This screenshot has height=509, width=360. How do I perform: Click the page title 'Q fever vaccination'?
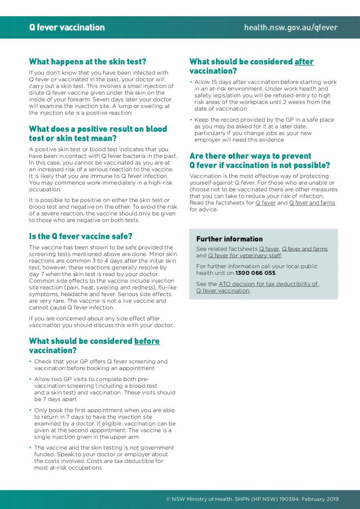(x=67, y=27)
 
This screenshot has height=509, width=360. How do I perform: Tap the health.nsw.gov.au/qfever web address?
(x=290, y=27)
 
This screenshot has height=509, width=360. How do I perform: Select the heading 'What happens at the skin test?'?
(x=88, y=62)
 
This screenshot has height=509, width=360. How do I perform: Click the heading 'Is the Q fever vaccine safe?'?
(x=80, y=236)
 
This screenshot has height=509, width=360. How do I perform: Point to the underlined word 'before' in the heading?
(x=147, y=341)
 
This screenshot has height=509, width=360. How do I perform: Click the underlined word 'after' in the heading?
(x=304, y=62)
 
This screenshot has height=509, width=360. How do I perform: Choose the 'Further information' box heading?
(x=230, y=239)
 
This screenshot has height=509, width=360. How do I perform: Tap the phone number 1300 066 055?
(x=255, y=273)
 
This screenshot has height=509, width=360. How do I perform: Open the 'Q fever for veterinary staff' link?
(x=244, y=256)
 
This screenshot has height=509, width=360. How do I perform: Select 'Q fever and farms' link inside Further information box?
(x=305, y=249)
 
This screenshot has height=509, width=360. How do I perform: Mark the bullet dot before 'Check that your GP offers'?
(x=30, y=361)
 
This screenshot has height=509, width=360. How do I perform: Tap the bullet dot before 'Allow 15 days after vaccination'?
(x=191, y=82)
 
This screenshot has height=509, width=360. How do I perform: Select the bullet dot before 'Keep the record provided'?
(x=191, y=120)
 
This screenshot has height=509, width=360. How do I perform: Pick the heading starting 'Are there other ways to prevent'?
(x=260, y=160)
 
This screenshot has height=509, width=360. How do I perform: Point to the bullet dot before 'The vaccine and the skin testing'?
(x=30, y=448)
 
